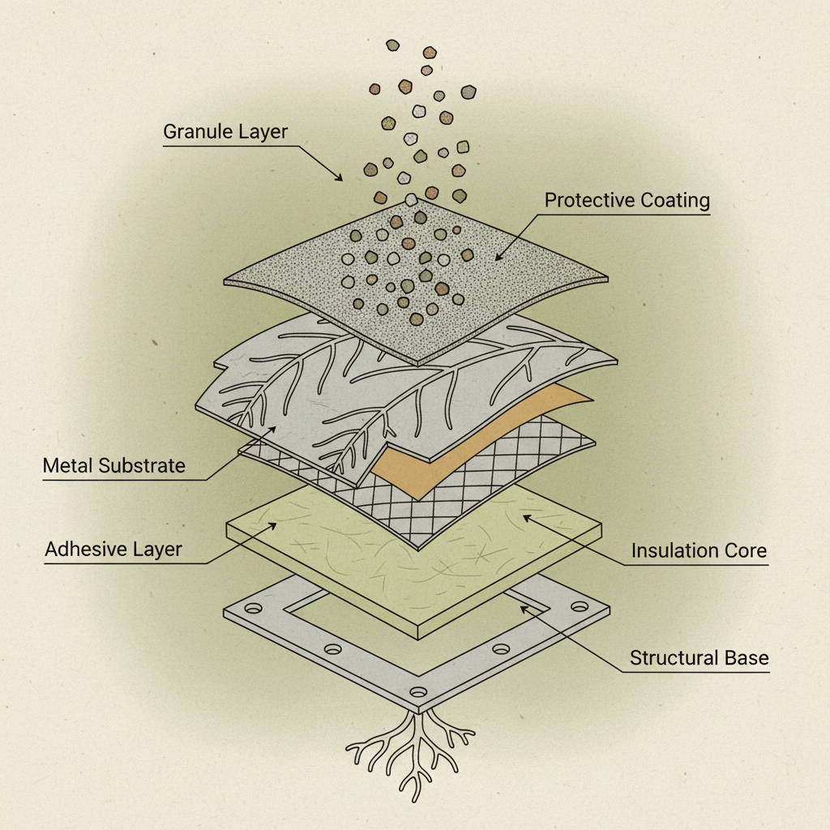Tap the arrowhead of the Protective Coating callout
tap(496, 259)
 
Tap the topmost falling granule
tap(392, 45)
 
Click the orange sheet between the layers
tap(421, 462)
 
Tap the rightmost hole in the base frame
tap(579, 606)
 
